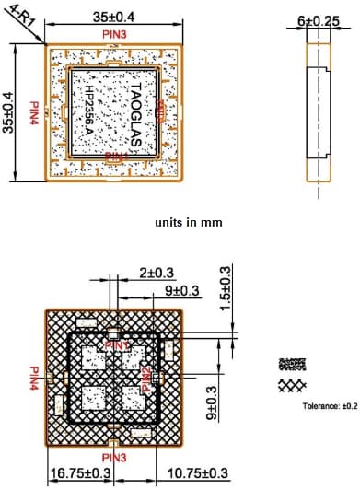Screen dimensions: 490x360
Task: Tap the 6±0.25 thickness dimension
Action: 318,19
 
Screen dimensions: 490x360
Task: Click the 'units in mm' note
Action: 188,223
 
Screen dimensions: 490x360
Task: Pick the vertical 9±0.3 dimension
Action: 214,405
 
